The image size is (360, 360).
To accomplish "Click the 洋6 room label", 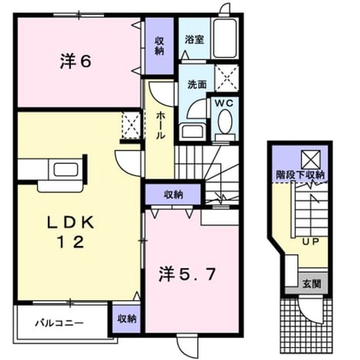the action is [x=75, y=61].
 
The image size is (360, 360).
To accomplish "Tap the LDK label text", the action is [x=70, y=222].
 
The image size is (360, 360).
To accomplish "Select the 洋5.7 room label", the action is [x=187, y=274].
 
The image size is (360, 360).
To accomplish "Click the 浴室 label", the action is [x=195, y=40].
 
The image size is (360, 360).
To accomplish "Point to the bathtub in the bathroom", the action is [x=225, y=38].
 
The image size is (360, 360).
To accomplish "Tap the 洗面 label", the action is [x=197, y=84].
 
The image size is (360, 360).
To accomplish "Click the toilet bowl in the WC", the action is [x=225, y=121].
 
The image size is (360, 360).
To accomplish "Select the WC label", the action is [x=224, y=103].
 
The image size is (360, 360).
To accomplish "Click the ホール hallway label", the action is [x=160, y=126].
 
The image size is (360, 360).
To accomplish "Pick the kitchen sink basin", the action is [x=66, y=170].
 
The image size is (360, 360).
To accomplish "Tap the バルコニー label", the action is [x=59, y=323].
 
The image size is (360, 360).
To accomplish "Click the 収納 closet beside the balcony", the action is [x=127, y=319].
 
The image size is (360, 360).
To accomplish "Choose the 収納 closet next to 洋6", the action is [x=159, y=46].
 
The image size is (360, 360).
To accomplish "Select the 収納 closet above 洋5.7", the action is [x=173, y=195].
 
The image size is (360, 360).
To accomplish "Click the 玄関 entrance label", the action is [x=312, y=284].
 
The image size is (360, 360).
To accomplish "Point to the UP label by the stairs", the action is [x=310, y=241].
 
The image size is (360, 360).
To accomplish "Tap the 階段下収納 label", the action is [x=300, y=175].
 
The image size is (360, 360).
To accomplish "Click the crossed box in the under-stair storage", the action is [x=311, y=160].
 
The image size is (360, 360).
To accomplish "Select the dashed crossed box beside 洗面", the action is [x=227, y=78].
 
